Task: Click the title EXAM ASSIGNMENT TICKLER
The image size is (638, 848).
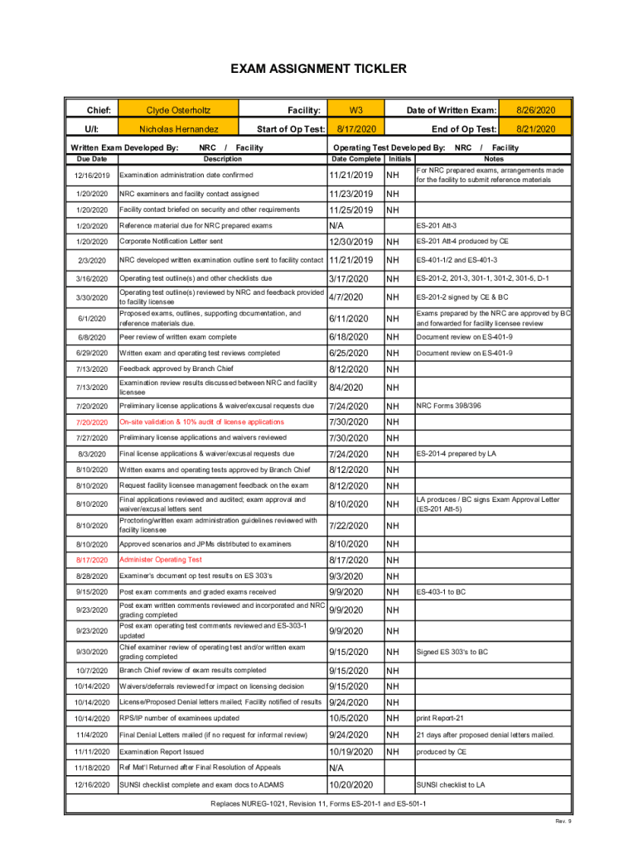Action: [x=318, y=69]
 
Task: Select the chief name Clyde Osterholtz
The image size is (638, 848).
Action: [x=178, y=110]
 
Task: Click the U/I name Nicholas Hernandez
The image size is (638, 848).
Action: [x=178, y=129]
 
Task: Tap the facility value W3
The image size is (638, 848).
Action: [x=355, y=110]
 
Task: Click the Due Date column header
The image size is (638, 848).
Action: [x=91, y=158]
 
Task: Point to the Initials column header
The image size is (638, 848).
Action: [x=399, y=158]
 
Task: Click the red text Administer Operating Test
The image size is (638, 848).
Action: [x=161, y=560]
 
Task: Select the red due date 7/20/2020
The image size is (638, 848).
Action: [x=91, y=422]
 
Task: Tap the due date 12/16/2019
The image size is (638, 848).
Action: [x=91, y=176]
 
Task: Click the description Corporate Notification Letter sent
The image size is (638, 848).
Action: [x=172, y=242]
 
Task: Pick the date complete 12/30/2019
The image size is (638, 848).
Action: [x=351, y=242]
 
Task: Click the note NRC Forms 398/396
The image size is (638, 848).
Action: [x=448, y=407]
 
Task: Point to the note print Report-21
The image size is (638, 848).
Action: [x=440, y=719]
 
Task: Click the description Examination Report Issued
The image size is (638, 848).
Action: [x=162, y=752]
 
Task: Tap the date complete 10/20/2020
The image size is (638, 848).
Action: [x=351, y=785]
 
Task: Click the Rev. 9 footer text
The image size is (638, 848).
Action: [x=563, y=821]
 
